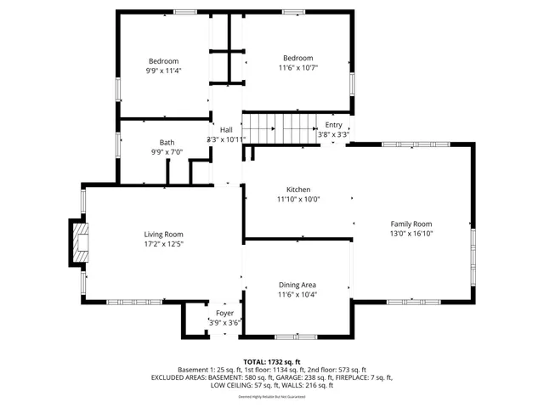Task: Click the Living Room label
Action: click(163, 235)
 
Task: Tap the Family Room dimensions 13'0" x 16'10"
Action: click(411, 233)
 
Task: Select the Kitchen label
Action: click(297, 190)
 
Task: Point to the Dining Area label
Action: click(297, 285)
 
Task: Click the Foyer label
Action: click(224, 314)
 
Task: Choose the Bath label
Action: click(167, 143)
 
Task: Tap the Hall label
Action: click(226, 130)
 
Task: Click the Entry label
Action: click(333, 125)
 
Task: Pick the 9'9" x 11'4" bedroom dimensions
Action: click(163, 71)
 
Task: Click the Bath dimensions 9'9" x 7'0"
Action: click(167, 152)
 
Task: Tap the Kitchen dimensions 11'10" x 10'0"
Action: click(297, 199)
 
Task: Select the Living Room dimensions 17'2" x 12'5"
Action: click(163, 244)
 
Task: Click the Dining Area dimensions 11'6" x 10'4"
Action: click(297, 294)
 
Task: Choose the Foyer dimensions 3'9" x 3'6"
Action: click(224, 323)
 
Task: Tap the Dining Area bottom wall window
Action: click(297, 337)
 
